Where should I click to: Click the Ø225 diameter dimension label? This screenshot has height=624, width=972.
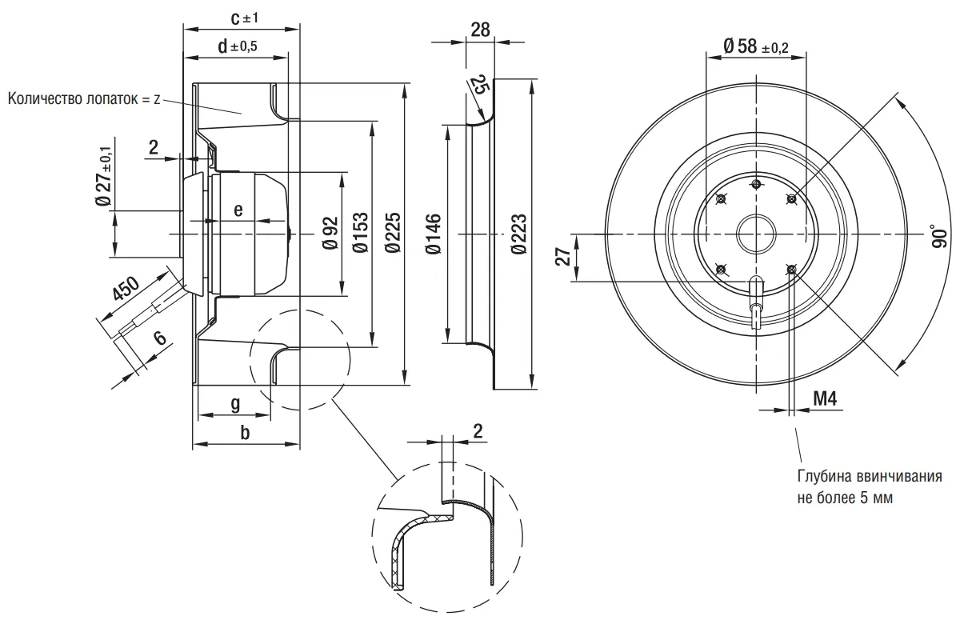pyautogui.click(x=393, y=233)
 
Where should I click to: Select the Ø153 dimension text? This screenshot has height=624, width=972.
pyautogui.click(x=360, y=233)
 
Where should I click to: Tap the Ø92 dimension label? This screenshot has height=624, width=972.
pyautogui.click(x=330, y=234)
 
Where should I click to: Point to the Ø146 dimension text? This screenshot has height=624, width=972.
pyautogui.click(x=433, y=234)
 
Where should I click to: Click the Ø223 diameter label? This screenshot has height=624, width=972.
pyautogui.click(x=518, y=234)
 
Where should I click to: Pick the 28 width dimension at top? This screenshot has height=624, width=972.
pyautogui.click(x=480, y=30)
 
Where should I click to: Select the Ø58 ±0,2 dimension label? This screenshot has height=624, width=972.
pyautogui.click(x=756, y=46)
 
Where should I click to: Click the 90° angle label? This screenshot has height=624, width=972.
pyautogui.click(x=938, y=237)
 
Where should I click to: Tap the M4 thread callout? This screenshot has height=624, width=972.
pyautogui.click(x=825, y=398)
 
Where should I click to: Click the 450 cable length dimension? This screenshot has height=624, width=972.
pyautogui.click(x=126, y=289)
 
